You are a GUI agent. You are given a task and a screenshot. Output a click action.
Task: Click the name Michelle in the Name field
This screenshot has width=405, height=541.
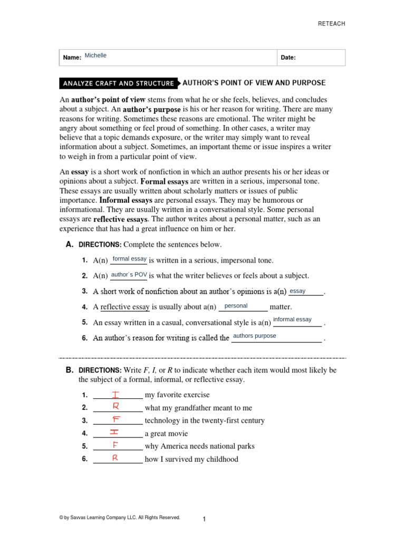pos(95,55)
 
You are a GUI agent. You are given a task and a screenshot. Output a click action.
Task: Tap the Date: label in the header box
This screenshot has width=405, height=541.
pos(288,58)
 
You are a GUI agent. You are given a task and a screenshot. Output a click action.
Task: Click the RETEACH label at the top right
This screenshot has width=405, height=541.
pos(331,24)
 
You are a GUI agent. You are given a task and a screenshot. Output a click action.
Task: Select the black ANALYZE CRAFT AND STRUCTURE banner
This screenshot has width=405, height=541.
pos(118,83)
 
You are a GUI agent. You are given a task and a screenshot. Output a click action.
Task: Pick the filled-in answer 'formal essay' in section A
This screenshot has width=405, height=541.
pos(130,259)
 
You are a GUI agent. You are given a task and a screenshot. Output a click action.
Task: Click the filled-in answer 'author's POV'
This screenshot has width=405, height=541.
pos(129,275)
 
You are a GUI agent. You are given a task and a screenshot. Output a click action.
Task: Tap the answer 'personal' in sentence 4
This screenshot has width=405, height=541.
pos(236,306)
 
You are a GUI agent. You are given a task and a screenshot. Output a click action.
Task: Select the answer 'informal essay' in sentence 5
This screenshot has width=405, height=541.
pos(292,320)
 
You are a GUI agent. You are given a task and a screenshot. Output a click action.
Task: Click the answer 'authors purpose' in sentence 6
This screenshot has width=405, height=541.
pos(254,336)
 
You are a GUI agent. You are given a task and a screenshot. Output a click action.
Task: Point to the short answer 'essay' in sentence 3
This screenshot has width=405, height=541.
pos(297,291)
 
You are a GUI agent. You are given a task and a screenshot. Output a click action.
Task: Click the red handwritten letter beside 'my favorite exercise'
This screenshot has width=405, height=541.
pos(115,394)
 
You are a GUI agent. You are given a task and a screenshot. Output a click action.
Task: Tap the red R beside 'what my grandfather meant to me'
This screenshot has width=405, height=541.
pos(115,406)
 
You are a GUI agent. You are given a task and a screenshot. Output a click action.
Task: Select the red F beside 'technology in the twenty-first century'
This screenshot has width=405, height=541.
pos(115,419)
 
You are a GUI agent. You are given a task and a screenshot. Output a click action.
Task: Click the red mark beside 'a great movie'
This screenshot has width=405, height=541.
pos(114,432)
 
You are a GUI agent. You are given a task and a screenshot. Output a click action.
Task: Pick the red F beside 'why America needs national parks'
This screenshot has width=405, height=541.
pos(114,445)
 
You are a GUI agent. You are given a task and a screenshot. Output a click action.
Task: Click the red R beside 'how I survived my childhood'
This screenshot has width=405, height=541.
pos(114,458)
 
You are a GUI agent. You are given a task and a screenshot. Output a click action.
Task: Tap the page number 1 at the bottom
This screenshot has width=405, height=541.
pos(204,520)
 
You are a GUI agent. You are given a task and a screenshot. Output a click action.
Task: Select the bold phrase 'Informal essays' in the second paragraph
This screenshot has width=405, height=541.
pos(126,200)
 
